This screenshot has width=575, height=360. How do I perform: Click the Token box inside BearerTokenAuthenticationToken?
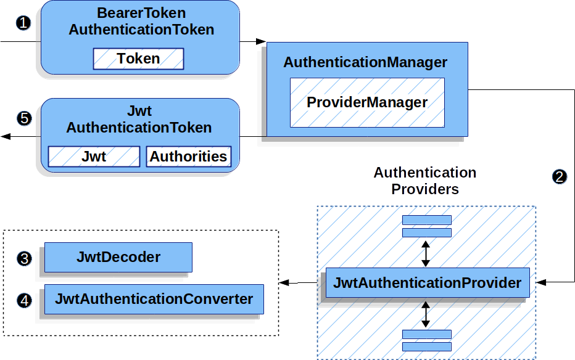pyautogui.click(x=138, y=59)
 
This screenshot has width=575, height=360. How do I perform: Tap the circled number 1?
pyautogui.click(x=23, y=24)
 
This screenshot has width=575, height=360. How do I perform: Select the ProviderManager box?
pyautogui.click(x=367, y=102)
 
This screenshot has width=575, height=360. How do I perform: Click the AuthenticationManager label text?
pyautogui.click(x=365, y=62)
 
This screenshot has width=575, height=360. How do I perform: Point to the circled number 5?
pyautogui.click(x=24, y=118)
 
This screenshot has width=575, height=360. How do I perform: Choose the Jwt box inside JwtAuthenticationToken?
pyautogui.click(x=94, y=157)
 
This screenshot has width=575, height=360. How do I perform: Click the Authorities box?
pyautogui.click(x=188, y=157)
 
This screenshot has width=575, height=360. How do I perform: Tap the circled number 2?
pyautogui.click(x=559, y=177)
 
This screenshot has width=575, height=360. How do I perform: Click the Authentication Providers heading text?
pyautogui.click(x=424, y=181)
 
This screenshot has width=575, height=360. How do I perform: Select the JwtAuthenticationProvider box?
pyautogui.click(x=427, y=283)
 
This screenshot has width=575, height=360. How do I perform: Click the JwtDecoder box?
pyautogui.click(x=118, y=257)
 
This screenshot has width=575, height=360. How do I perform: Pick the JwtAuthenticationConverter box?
pyautogui.click(x=154, y=299)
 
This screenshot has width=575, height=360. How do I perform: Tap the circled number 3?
pyautogui.click(x=24, y=258)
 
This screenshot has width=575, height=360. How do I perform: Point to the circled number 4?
pyautogui.click(x=24, y=301)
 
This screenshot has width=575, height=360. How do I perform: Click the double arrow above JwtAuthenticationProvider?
pyautogui.click(x=426, y=253)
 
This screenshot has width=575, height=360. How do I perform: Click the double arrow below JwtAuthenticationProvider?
pyautogui.click(x=426, y=314)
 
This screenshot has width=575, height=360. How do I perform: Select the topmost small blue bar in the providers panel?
pyautogui.click(x=426, y=220)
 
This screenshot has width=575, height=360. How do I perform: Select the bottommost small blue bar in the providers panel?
pyautogui.click(x=426, y=346)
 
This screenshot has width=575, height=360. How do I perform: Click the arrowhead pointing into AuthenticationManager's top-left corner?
pyautogui.click(x=262, y=41)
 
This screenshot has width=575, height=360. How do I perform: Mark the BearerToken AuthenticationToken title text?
pyautogui.click(x=141, y=21)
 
